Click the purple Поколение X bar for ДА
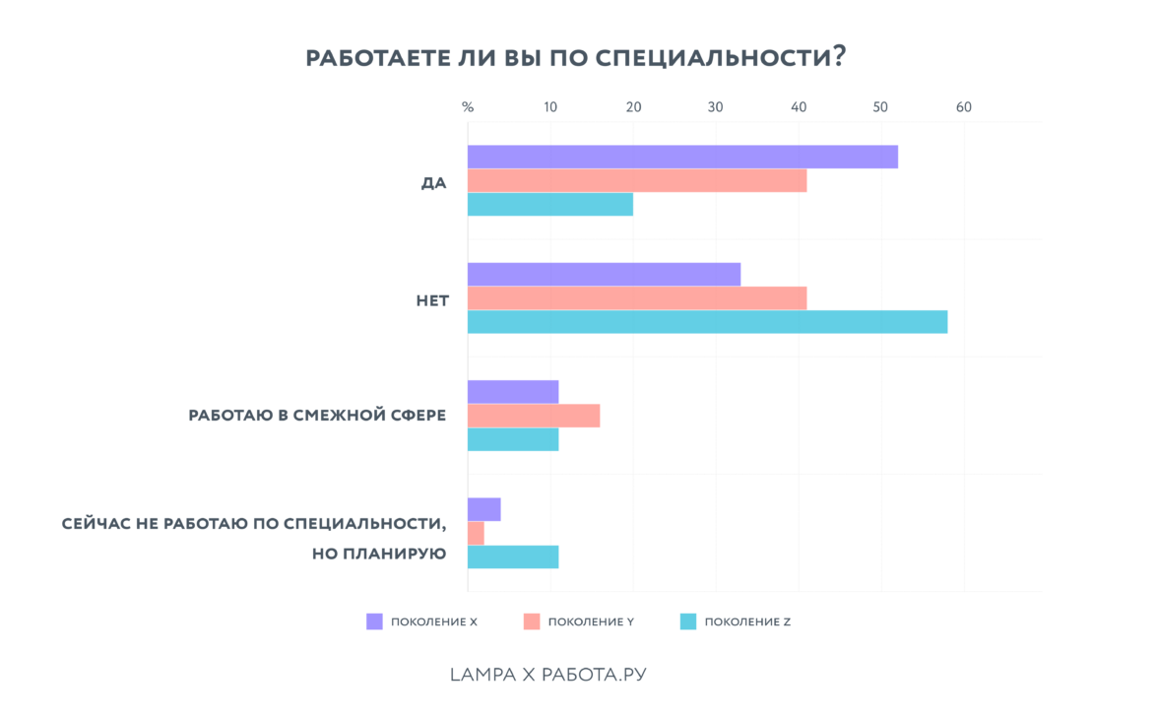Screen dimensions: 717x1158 (x=682, y=157)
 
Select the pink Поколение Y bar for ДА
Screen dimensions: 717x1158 (x=637, y=180)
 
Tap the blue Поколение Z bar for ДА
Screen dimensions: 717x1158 (x=550, y=204)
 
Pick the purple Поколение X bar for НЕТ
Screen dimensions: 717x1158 (x=604, y=274)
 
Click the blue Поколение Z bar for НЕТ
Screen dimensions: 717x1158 (x=707, y=322)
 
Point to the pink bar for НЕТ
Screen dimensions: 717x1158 (x=637, y=298)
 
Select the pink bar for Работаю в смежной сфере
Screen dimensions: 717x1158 (x=534, y=416)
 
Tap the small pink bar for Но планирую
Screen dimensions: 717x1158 (x=476, y=533)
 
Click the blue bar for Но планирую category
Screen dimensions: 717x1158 (x=513, y=556)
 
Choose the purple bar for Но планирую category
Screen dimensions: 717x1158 (x=484, y=509)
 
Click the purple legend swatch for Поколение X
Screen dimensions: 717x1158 (x=374, y=621)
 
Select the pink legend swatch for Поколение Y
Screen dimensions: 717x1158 (x=532, y=621)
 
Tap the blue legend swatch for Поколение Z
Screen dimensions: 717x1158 (x=688, y=621)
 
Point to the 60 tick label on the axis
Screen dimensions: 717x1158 (x=963, y=107)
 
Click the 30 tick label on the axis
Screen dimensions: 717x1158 (x=716, y=107)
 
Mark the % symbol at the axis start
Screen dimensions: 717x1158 (x=468, y=107)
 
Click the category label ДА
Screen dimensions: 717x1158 (x=433, y=183)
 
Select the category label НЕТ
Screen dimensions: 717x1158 (x=432, y=300)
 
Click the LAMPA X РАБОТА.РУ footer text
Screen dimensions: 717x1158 (x=547, y=675)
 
